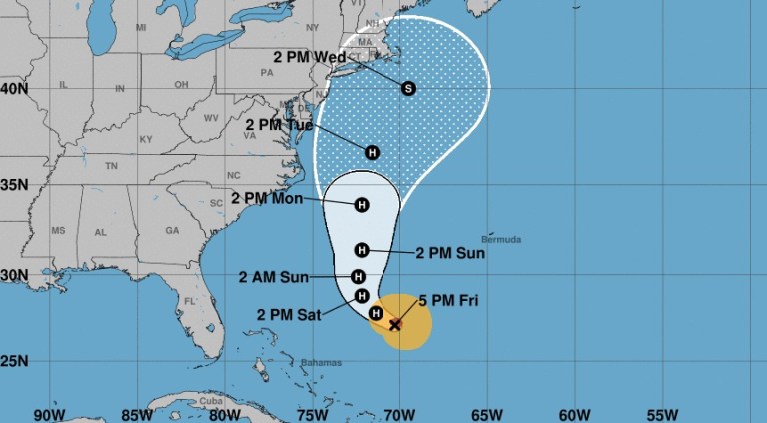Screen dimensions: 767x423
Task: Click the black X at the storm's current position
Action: (x=395, y=324)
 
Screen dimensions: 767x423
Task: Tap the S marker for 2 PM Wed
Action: (x=407, y=89)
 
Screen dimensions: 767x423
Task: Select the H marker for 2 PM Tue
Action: (x=372, y=153)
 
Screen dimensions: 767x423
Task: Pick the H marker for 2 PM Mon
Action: (x=361, y=204)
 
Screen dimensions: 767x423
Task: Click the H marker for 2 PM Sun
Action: (x=362, y=250)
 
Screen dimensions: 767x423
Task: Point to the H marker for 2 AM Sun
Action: (x=358, y=277)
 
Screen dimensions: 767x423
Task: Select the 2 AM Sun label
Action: (x=273, y=277)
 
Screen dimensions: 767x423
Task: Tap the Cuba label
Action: (x=213, y=401)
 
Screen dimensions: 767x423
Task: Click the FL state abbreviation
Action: (x=191, y=300)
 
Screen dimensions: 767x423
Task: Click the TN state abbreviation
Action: (x=112, y=165)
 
